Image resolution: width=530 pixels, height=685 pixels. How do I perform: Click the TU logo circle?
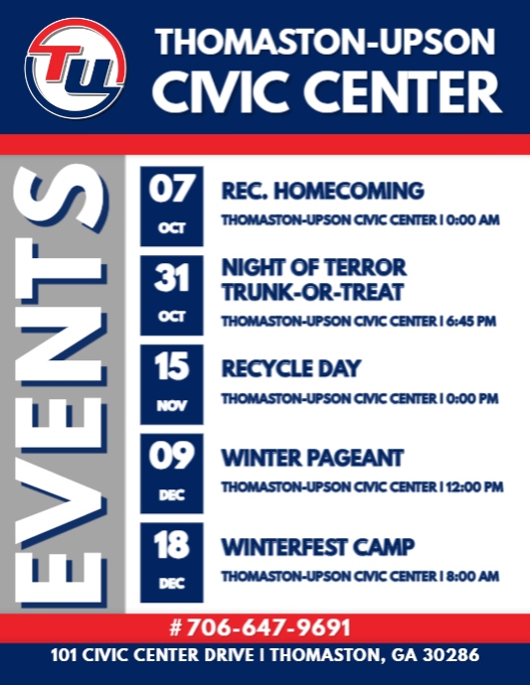pos(76,68)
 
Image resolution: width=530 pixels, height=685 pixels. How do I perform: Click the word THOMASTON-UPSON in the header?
pos(325,42)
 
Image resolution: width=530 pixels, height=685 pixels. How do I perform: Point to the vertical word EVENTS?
pos(65,387)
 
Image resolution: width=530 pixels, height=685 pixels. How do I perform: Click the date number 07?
pos(171,189)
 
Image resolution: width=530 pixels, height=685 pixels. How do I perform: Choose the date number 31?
pos(171,280)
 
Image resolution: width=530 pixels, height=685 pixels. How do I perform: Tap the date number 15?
pos(171,368)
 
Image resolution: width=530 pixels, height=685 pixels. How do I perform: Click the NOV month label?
pos(171,406)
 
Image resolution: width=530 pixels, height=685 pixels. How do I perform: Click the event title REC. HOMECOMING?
pos(322,191)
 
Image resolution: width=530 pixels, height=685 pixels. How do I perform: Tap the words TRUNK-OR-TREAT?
pos(312,292)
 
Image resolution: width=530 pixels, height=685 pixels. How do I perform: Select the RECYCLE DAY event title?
pos(290,369)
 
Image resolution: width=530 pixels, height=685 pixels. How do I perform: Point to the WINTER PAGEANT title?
pos(312,458)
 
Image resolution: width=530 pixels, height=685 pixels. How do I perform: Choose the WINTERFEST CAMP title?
pos(317,547)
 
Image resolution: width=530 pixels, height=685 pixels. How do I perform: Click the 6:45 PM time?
pos(473,322)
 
